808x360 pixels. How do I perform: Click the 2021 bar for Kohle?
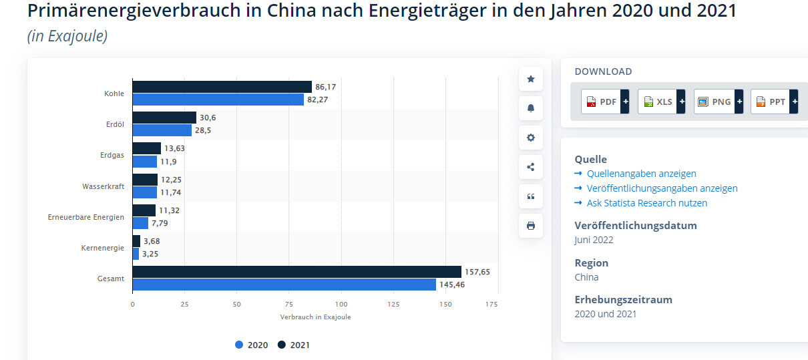[222, 87]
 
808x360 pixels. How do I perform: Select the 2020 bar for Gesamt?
[284, 285]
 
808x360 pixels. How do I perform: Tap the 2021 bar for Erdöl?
[164, 118]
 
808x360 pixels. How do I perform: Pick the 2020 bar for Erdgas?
[144, 161]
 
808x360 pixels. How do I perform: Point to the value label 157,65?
[477, 272]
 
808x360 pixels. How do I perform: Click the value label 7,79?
[161, 223]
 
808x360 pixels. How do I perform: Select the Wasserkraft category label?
[104, 186]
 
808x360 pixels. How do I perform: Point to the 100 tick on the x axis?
[341, 305]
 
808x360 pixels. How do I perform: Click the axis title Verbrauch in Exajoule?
[315, 317]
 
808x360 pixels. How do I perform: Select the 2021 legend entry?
[294, 345]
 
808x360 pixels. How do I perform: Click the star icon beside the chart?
[531, 79]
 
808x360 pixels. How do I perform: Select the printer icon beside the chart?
[531, 226]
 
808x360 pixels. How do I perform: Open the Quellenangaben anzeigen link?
[641, 174]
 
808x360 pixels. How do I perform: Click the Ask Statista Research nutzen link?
[646, 203]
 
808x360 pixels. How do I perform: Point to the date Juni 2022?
[594, 240]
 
